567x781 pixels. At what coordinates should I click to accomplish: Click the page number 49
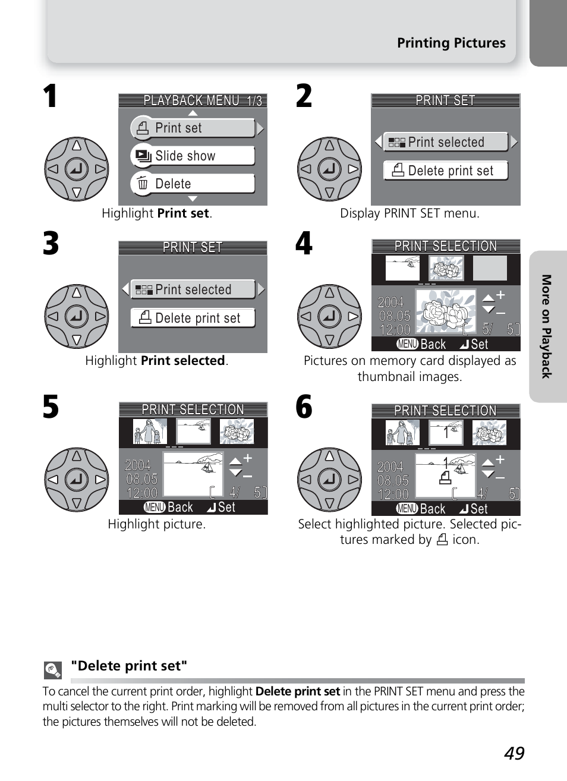coord(514,753)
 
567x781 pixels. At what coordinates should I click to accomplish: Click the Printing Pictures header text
coord(451,43)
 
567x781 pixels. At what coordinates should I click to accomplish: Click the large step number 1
coord(51,96)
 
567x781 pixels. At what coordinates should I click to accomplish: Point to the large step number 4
coord(304,244)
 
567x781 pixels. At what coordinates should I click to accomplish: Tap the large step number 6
coord(304,407)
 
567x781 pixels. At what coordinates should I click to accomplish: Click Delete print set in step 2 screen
coord(446,171)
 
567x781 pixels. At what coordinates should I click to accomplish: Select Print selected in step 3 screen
coord(193,289)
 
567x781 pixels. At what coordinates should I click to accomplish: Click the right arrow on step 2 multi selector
coord(353,169)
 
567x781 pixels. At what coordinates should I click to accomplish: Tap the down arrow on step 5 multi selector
coord(77,503)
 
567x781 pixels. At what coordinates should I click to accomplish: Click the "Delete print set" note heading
coord(129,666)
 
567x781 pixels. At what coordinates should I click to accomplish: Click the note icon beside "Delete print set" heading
coord(53,670)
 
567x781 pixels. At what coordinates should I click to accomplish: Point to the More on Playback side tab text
coord(546,326)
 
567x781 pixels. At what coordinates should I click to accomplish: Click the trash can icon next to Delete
coord(143,183)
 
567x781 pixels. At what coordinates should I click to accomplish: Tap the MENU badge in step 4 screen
coord(408,344)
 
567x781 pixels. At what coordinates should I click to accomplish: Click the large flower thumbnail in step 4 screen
coord(446,311)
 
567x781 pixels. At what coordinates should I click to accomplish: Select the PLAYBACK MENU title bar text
coord(191,100)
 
